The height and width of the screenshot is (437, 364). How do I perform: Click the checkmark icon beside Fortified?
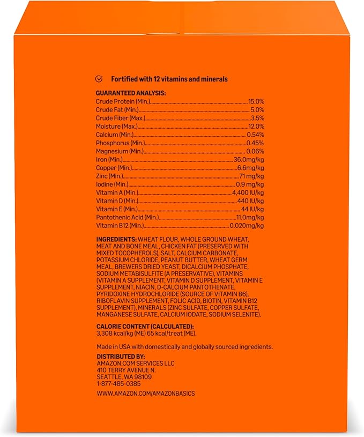(x=99, y=79)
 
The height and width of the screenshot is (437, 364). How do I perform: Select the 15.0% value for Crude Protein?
(x=256, y=101)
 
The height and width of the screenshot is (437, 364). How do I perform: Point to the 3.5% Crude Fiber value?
(x=258, y=118)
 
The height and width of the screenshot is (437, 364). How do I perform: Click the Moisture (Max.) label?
(x=116, y=126)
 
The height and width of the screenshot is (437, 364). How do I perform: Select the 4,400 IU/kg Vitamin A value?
(x=248, y=192)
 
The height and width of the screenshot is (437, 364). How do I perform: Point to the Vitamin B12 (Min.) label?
(x=121, y=226)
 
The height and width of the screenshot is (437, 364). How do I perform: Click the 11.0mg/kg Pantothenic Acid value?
(x=250, y=218)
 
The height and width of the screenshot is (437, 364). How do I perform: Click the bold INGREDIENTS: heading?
(x=116, y=238)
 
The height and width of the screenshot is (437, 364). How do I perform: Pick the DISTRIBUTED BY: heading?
(x=121, y=356)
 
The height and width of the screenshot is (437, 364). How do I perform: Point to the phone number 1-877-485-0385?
(x=119, y=383)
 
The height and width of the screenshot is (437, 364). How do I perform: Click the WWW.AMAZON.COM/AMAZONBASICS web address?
(x=145, y=394)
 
